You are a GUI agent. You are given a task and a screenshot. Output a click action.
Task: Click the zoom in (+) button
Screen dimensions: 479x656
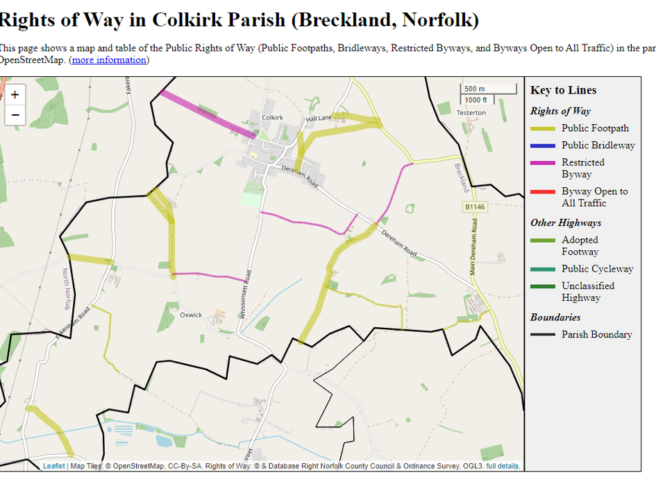[x=15, y=95]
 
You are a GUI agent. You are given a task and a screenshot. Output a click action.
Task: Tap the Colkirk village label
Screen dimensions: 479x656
[x=272, y=118]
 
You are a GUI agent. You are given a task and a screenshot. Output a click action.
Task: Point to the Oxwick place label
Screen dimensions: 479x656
[x=191, y=315]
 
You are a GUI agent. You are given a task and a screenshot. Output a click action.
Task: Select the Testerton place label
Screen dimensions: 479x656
[x=471, y=112]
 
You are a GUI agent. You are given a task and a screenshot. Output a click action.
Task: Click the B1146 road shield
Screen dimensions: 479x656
[x=475, y=207]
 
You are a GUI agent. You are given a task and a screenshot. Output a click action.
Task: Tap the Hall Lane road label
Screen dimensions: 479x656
[x=320, y=119]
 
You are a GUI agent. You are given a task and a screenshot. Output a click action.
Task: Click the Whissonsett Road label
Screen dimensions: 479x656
[x=246, y=294]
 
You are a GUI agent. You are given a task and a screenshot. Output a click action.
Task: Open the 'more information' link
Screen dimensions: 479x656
[x=109, y=60]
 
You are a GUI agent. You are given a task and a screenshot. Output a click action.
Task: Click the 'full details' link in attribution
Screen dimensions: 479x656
[x=503, y=466]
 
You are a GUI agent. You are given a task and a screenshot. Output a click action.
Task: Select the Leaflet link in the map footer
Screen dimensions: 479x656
[x=53, y=466]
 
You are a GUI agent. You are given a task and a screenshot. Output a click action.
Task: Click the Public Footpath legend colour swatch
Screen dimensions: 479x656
[x=543, y=128]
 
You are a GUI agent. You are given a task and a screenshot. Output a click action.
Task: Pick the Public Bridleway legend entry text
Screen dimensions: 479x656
[x=598, y=145]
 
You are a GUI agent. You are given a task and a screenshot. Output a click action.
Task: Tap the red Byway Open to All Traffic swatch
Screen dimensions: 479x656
[x=543, y=191]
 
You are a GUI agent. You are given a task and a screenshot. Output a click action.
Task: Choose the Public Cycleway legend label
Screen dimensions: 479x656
[x=597, y=268]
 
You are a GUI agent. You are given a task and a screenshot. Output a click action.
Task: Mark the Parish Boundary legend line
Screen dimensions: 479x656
[x=543, y=334]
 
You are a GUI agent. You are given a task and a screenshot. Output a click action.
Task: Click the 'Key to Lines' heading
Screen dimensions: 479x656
[x=563, y=90]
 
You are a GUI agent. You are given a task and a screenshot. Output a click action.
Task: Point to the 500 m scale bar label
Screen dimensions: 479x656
[x=475, y=89]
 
